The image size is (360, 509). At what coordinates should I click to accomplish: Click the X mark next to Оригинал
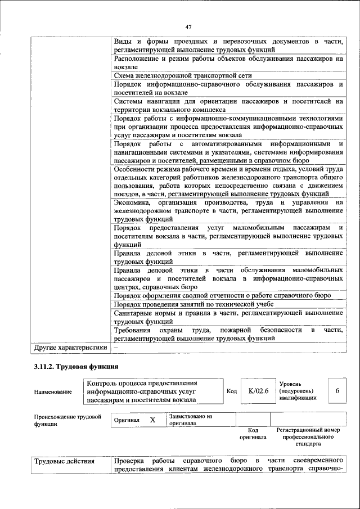point(152,420)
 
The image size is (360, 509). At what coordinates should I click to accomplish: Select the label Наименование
point(53,392)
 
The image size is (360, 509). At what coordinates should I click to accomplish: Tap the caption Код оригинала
point(253,433)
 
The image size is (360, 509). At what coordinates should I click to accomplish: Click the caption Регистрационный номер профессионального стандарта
point(308,436)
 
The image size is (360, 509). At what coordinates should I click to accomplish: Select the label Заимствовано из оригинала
point(190,420)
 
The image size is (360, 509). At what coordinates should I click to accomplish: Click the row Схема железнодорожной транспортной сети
point(182,75)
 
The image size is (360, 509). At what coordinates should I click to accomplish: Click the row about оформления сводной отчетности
point(222,295)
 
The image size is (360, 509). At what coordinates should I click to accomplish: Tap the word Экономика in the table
point(132,202)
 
